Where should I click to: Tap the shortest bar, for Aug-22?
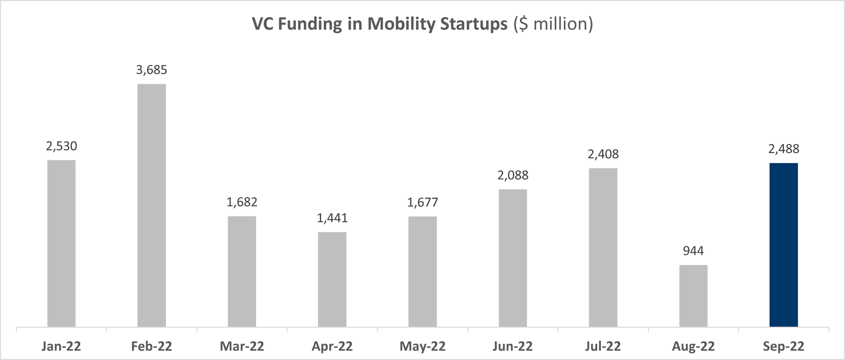tap(693, 296)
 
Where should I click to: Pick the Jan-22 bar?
tap(61, 243)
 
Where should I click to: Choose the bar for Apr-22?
tap(332, 279)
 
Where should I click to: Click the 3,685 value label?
tap(152, 70)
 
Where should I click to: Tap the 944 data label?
tap(693, 251)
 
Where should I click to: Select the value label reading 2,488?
tap(783, 149)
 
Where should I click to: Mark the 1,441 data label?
tap(332, 219)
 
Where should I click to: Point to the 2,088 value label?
tap(513, 176)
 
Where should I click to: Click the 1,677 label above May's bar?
tap(422, 203)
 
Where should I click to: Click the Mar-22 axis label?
tap(242, 347)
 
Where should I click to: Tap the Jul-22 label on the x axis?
tap(603, 347)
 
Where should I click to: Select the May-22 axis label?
tap(422, 347)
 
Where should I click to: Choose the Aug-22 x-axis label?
tap(693, 347)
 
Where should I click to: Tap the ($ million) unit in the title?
tap(553, 24)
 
